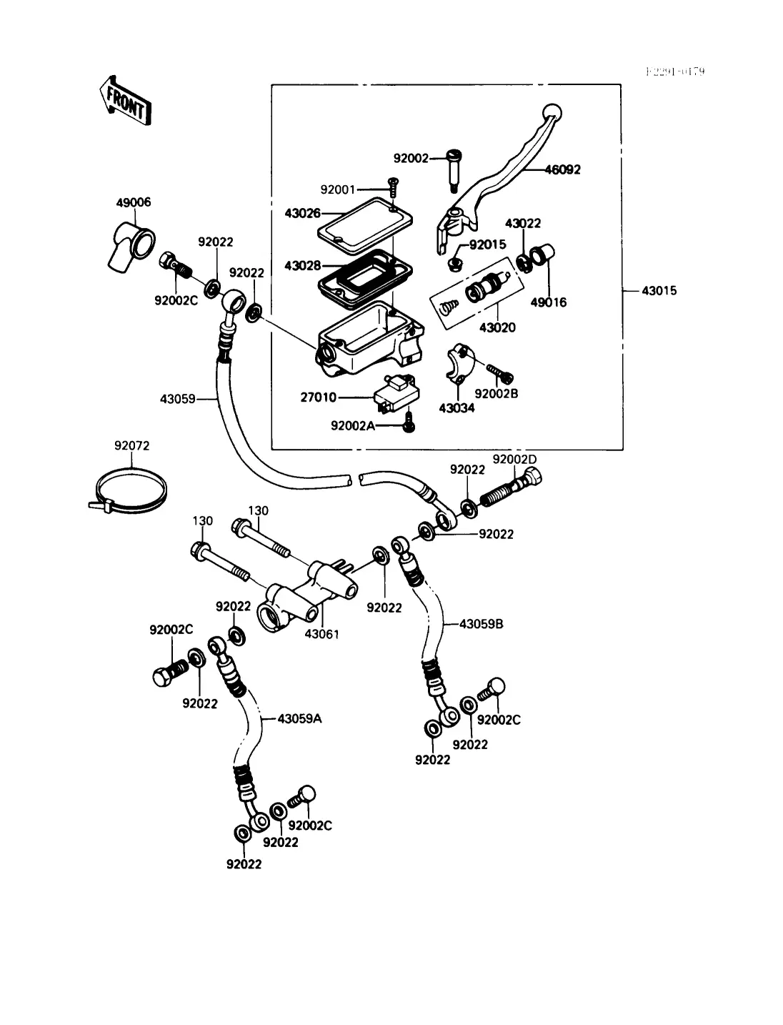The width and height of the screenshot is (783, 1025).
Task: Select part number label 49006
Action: [x=134, y=203]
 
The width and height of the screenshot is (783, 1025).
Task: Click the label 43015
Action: [x=659, y=291]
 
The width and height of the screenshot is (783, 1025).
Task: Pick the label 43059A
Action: [x=299, y=718]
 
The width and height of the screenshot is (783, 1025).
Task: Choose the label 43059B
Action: [x=481, y=623]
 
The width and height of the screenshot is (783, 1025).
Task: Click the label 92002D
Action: [x=514, y=459]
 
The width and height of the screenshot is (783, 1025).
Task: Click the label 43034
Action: [x=456, y=408]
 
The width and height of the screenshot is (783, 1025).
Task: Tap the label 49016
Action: [x=548, y=302]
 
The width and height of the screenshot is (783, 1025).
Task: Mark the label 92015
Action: [x=487, y=245]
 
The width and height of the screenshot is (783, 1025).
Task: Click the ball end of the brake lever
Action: [x=552, y=112]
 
